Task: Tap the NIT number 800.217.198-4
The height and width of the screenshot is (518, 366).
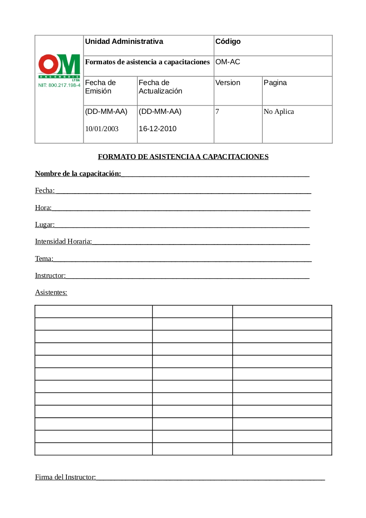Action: click(59, 85)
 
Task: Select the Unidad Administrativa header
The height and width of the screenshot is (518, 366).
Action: click(124, 42)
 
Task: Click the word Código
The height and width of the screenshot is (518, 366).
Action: click(228, 42)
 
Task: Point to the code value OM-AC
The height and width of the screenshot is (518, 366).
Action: click(228, 62)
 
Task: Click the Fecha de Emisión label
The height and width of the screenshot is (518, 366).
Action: click(100, 87)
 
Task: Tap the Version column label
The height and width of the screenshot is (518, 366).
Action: click(228, 83)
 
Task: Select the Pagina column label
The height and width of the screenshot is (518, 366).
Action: click(275, 83)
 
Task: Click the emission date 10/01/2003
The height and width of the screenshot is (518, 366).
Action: click(102, 129)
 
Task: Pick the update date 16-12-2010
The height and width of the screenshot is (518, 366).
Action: click(158, 129)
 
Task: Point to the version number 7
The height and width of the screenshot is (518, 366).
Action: click(217, 112)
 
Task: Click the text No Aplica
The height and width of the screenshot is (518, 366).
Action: click(279, 112)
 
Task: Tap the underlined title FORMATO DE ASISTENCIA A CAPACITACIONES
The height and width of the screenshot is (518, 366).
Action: click(183, 156)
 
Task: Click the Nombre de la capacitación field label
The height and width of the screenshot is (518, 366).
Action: click(78, 174)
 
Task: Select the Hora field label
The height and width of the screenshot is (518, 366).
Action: click(43, 207)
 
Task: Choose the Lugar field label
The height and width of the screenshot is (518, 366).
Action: click(45, 225)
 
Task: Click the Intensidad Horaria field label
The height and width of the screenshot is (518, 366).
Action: click(63, 241)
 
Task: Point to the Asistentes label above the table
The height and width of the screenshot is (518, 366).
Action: click(51, 292)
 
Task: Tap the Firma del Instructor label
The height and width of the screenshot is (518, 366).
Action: click(65, 477)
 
